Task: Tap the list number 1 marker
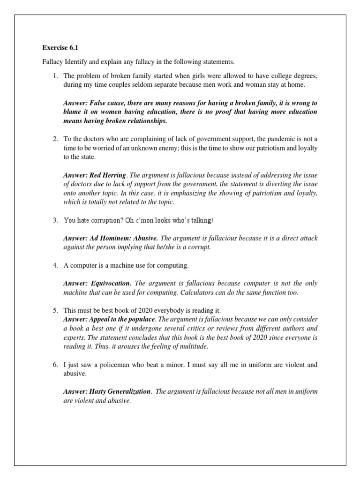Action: click(55, 76)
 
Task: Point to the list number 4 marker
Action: click(55, 266)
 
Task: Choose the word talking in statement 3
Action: click(202, 220)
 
